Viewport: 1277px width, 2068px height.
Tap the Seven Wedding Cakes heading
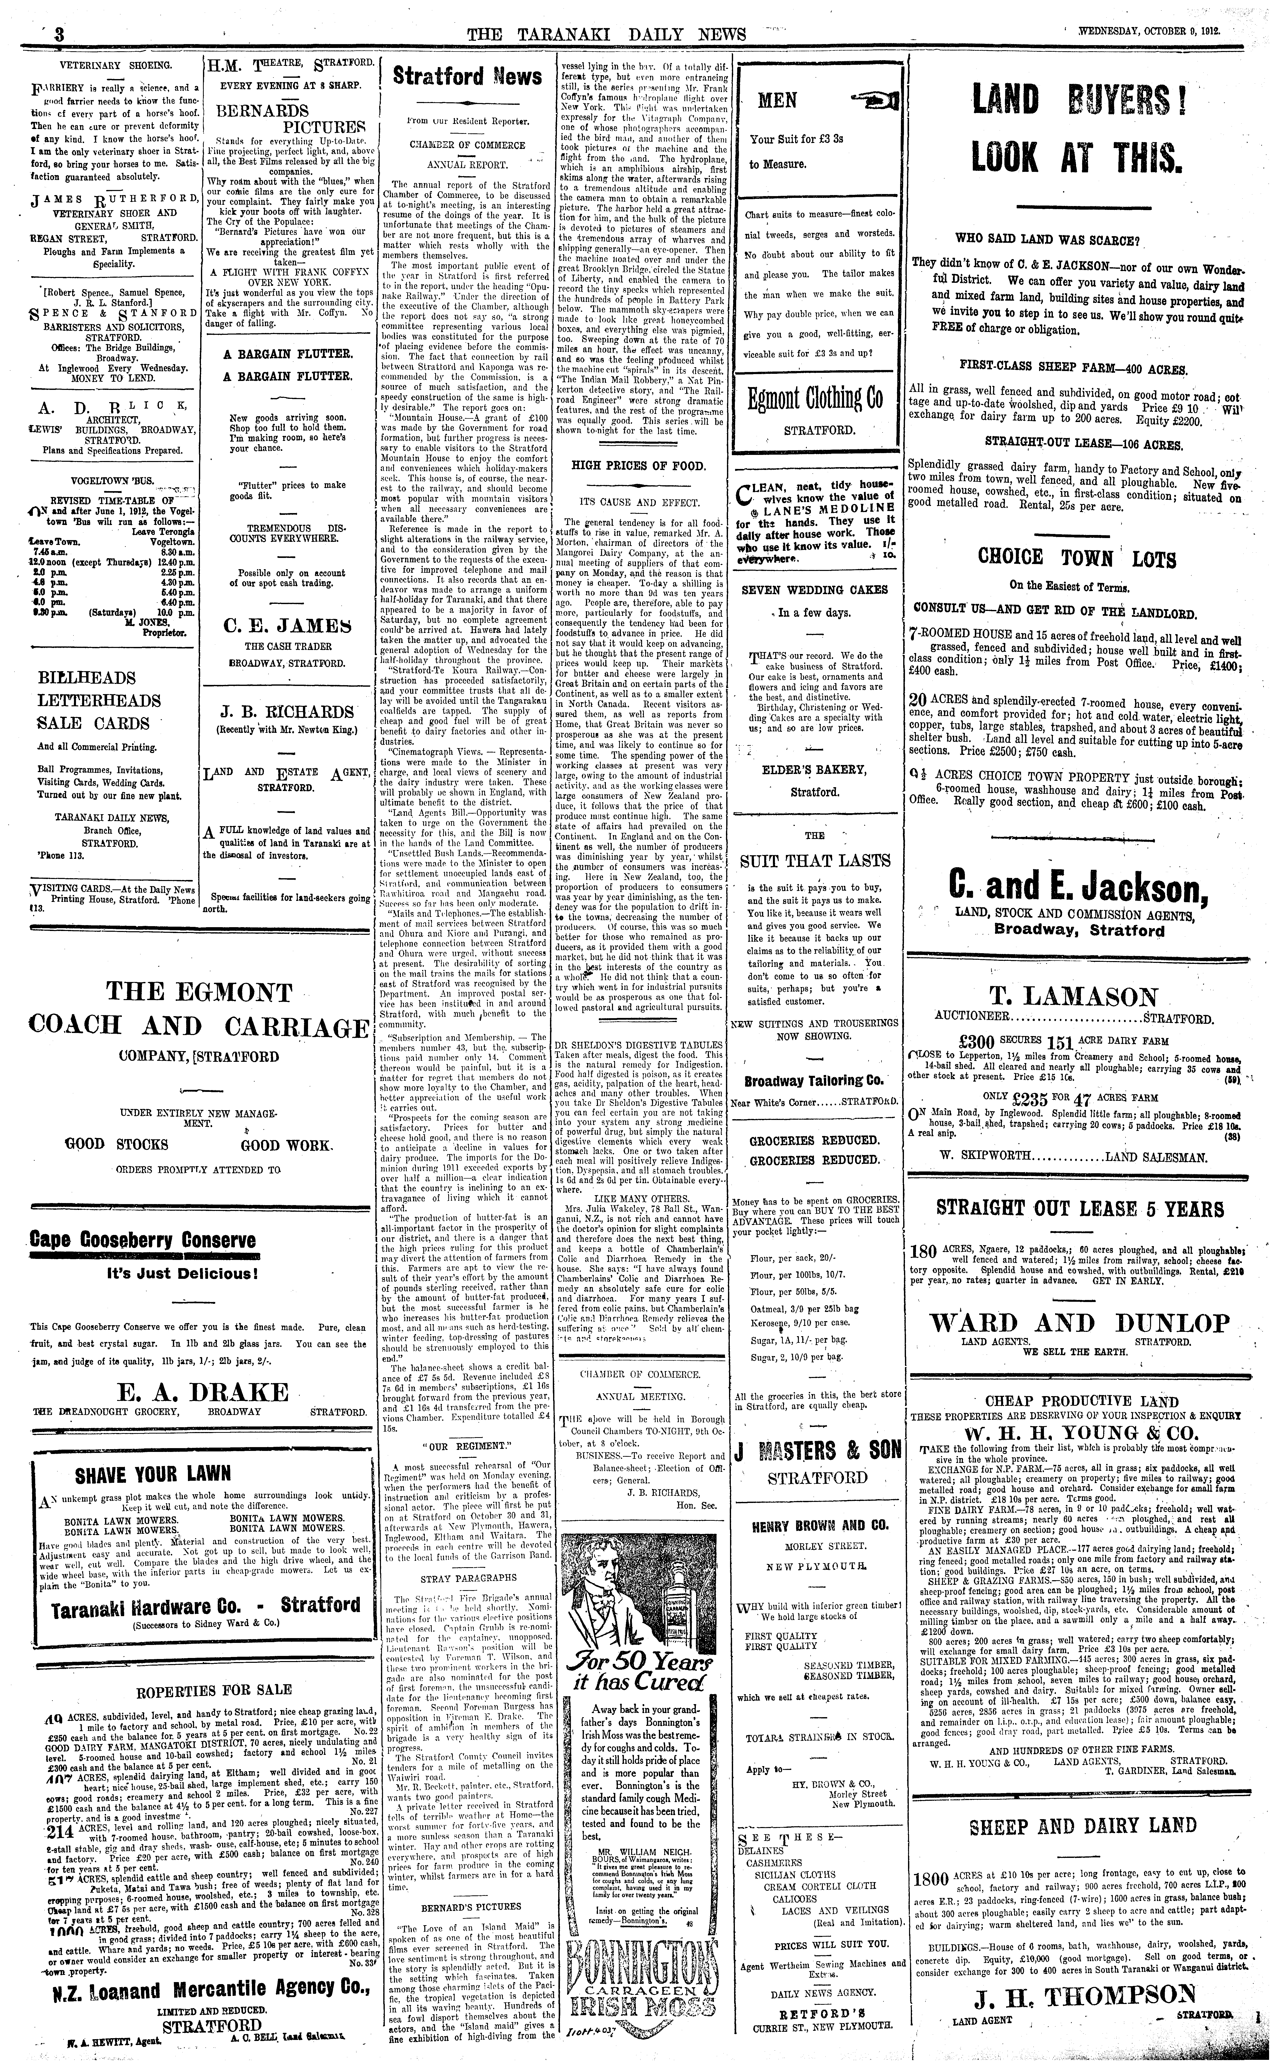point(814,589)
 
